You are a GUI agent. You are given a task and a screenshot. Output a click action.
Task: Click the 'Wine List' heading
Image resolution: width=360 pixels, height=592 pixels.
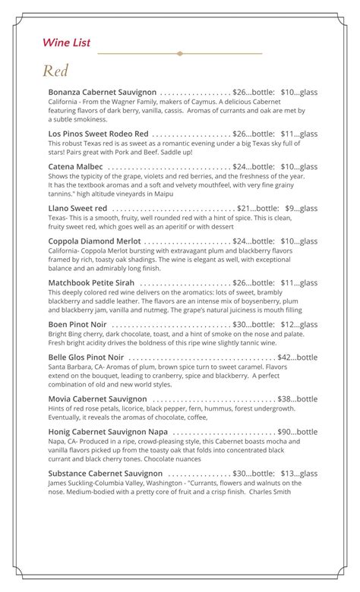click(66, 43)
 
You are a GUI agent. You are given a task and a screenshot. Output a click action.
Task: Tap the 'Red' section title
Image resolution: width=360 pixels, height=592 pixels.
click(55, 71)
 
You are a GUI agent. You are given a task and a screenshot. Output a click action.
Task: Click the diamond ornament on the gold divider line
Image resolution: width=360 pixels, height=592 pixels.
click(180, 54)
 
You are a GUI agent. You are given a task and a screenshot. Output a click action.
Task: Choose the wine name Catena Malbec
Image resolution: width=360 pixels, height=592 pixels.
click(76, 166)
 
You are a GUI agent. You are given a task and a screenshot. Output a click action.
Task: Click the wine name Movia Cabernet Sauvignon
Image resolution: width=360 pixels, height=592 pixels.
click(97, 398)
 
